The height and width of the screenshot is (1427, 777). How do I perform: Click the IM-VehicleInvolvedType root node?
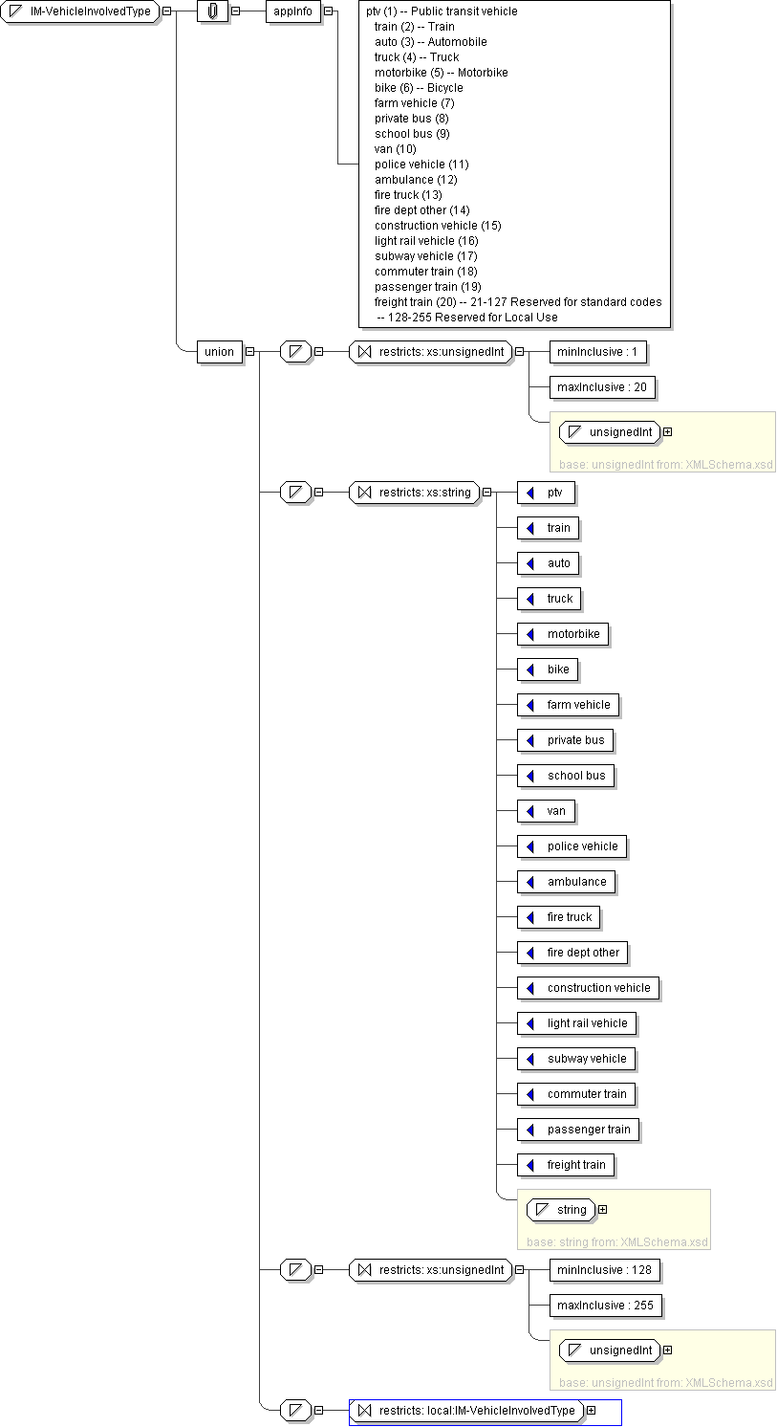coord(81,11)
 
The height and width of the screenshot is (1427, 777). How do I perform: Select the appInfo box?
coord(292,11)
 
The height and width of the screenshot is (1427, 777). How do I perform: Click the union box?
coord(219,351)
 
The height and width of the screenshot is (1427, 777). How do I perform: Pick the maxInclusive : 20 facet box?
coord(602,387)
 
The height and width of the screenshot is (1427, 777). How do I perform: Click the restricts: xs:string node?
coord(416,493)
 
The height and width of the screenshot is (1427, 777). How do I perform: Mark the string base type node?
coord(562,1210)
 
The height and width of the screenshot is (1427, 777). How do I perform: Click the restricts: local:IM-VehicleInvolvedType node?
coord(467,1411)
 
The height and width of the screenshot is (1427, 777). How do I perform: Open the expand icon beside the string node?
coord(603,1210)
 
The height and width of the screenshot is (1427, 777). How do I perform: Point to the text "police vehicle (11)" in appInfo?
coord(421,165)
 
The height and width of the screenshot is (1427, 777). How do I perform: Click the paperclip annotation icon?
coord(213,11)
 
